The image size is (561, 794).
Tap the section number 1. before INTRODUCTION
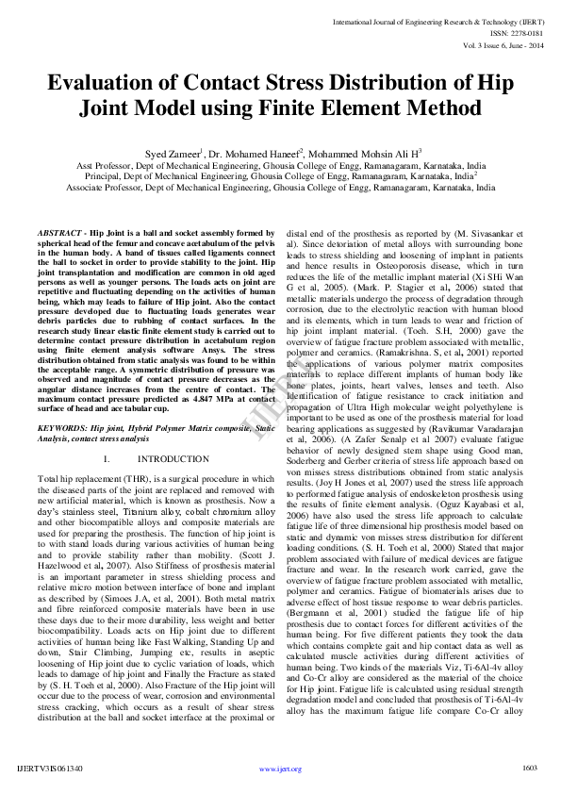click(107, 458)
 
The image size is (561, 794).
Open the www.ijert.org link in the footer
click(280, 769)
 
